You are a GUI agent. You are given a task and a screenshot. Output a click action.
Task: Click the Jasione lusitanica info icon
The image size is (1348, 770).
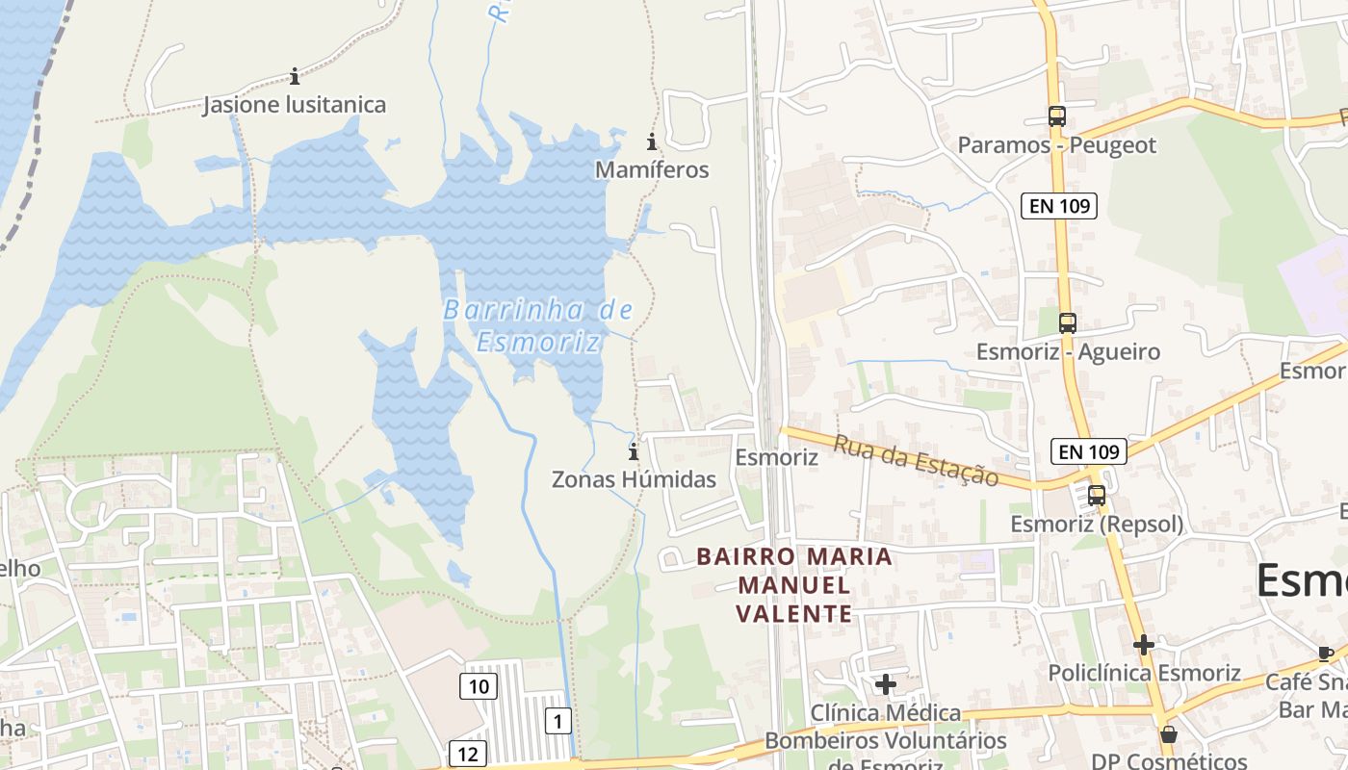click(x=294, y=76)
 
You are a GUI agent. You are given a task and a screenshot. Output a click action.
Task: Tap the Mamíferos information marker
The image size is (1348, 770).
click(x=652, y=142)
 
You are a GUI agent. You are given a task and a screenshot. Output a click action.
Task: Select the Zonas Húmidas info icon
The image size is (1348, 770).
click(x=633, y=452)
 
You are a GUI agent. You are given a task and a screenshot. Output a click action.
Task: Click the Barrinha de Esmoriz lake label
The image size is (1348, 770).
click(x=538, y=325)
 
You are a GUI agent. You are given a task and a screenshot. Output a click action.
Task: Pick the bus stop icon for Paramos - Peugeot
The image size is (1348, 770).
click(x=1056, y=116)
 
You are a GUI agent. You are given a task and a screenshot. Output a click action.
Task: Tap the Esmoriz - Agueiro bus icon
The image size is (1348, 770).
click(x=1067, y=323)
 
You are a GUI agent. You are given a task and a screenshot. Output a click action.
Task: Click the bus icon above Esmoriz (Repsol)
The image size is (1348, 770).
click(x=1096, y=496)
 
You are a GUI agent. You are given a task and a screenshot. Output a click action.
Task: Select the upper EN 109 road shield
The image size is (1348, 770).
click(x=1059, y=205)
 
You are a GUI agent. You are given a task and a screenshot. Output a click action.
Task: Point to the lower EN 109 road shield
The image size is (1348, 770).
click(x=1088, y=450)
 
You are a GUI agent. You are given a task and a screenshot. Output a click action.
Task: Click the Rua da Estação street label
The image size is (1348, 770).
click(x=915, y=460)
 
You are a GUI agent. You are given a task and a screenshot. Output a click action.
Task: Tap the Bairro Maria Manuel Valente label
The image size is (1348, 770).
click(x=794, y=585)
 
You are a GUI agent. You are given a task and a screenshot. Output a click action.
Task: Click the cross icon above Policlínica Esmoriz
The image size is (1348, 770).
click(x=1143, y=644)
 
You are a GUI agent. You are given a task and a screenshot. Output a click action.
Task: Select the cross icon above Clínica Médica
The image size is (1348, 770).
click(x=885, y=684)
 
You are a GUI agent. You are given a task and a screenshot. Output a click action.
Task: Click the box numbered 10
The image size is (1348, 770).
click(x=479, y=686)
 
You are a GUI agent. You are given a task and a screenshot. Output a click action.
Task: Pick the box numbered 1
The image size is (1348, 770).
click(x=557, y=719)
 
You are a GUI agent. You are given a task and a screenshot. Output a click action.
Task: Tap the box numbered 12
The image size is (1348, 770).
click(x=468, y=754)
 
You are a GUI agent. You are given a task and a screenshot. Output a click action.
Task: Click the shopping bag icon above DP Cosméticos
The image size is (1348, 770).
click(x=1168, y=734)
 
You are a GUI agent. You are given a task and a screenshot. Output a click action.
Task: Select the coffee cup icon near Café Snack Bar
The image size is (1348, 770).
click(x=1326, y=654)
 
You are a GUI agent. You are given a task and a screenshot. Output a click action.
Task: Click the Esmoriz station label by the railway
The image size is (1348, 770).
click(x=776, y=457)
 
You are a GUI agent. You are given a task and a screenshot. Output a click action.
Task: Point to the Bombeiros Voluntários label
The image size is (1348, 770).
click(x=885, y=741)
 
